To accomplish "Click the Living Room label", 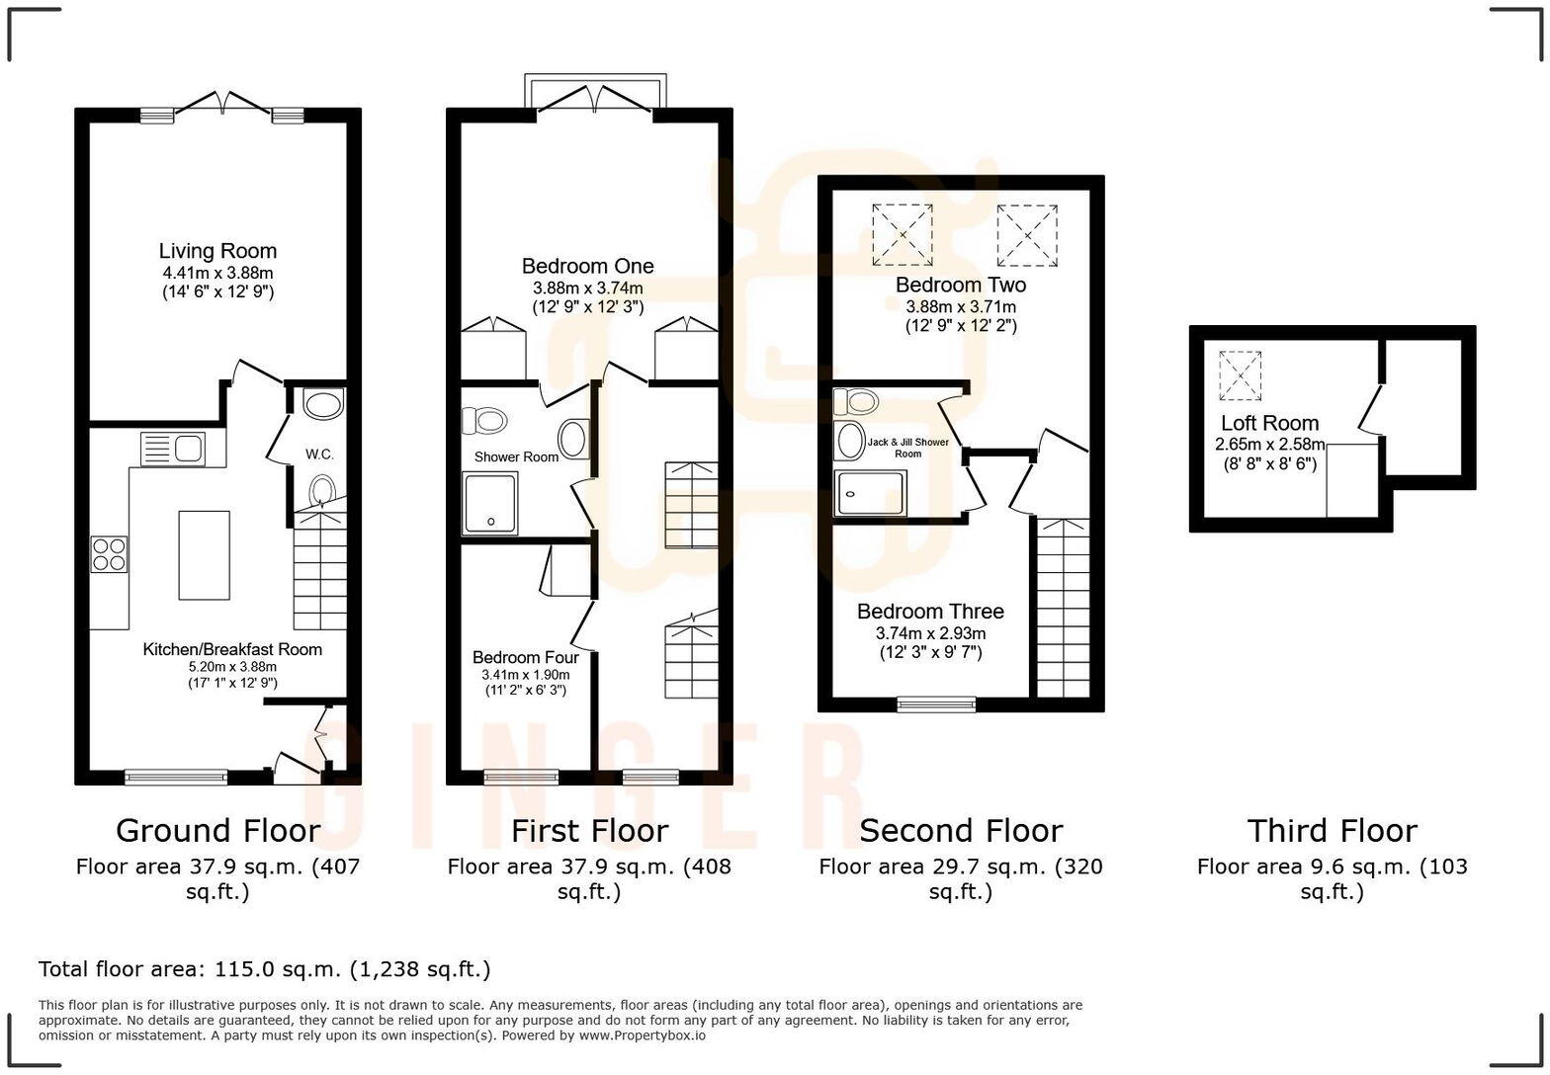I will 217,251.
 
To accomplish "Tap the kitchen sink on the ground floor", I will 172,450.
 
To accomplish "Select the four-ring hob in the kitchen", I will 109,553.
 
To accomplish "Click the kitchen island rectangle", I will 204,555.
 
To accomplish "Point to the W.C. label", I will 319,455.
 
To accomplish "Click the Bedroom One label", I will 587,266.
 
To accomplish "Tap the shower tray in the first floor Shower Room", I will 489,504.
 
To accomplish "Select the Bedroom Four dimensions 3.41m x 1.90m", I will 525,675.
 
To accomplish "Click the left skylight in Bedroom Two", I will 902,235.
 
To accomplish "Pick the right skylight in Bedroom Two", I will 1026,235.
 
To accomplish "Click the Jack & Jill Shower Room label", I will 907,448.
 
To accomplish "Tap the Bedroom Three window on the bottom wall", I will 935,704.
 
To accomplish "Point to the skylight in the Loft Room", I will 1240,375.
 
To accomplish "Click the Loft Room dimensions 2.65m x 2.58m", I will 1269,445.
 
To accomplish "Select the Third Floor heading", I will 1332,830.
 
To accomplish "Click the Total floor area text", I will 264,969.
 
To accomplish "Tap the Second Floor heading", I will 960,830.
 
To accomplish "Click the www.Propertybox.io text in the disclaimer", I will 642,1035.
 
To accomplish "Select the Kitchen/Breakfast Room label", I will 232,649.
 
